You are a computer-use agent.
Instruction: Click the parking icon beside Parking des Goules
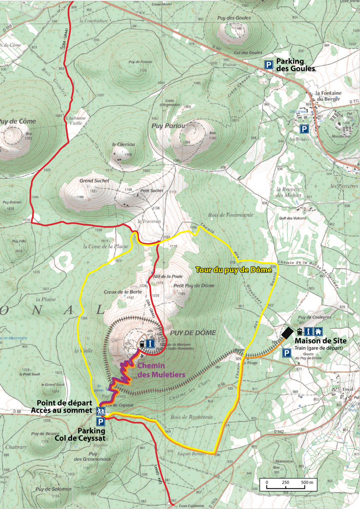click(x=269, y=65)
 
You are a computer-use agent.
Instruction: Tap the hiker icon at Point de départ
click(x=101, y=411)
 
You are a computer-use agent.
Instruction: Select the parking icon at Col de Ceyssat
click(x=101, y=422)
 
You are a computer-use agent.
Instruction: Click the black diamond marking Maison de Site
click(x=287, y=333)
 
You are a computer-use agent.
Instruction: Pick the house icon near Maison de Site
click(x=318, y=331)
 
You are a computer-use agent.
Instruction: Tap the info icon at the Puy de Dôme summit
click(x=150, y=343)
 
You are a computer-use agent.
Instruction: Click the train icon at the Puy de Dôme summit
click(x=142, y=343)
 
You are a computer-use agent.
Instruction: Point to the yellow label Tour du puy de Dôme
click(x=234, y=270)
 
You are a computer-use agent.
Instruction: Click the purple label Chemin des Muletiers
click(x=161, y=370)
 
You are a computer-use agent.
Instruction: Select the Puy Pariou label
click(x=168, y=126)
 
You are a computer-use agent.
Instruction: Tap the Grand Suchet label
click(x=94, y=181)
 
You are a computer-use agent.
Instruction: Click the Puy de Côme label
click(x=18, y=121)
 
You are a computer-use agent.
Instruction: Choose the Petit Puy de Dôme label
click(x=194, y=286)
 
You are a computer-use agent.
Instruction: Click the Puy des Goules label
click(x=234, y=18)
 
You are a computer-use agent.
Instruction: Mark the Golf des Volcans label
click(x=293, y=218)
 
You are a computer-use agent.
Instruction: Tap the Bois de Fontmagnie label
click(x=230, y=215)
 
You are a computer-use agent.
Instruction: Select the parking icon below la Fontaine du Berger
click(x=304, y=129)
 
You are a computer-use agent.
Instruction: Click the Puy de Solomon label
click(x=53, y=489)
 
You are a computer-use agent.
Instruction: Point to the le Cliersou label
click(x=124, y=144)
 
